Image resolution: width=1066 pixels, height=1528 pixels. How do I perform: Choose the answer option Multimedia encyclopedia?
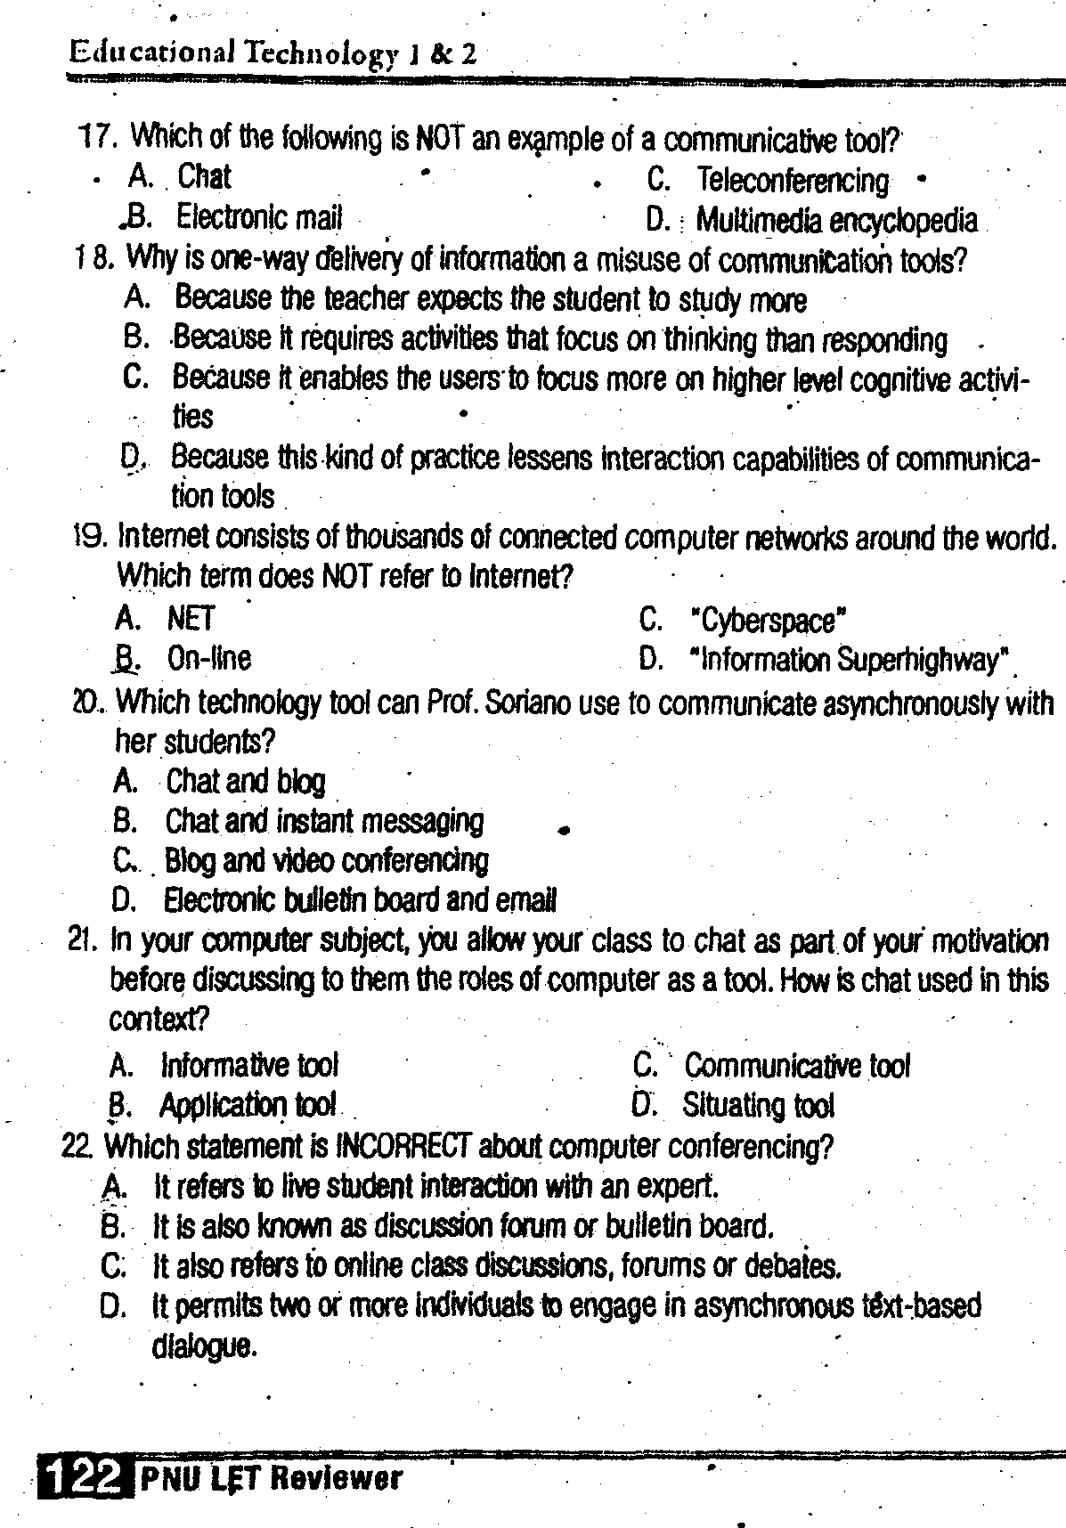(x=835, y=220)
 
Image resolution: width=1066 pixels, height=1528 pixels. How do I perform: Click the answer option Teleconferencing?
(x=792, y=181)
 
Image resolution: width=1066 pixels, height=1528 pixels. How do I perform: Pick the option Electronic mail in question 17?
(x=258, y=216)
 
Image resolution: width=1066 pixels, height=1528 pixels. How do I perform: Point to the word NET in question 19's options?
(x=191, y=618)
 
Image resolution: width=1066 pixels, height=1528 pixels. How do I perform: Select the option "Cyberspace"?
(x=767, y=620)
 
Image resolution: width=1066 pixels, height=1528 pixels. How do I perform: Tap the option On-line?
(x=209, y=658)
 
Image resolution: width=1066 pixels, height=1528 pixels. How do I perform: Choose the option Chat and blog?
(x=246, y=781)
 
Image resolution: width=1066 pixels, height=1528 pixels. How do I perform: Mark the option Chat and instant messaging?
(x=324, y=820)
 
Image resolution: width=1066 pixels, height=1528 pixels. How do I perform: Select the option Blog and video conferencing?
(x=327, y=860)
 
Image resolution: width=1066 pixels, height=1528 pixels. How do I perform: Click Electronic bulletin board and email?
(x=360, y=900)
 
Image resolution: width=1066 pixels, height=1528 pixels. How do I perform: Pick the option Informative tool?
(x=249, y=1065)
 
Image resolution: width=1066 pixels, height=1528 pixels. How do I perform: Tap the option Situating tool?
(x=758, y=1105)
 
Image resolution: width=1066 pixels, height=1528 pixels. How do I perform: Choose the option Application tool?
(x=248, y=1105)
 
